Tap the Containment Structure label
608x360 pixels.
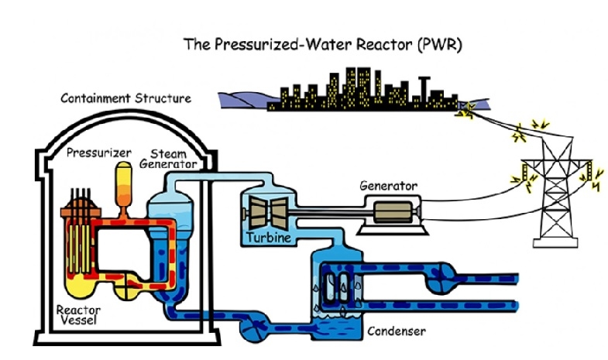(125, 99)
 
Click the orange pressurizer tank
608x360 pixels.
(122, 183)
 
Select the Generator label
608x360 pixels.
(389, 186)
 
